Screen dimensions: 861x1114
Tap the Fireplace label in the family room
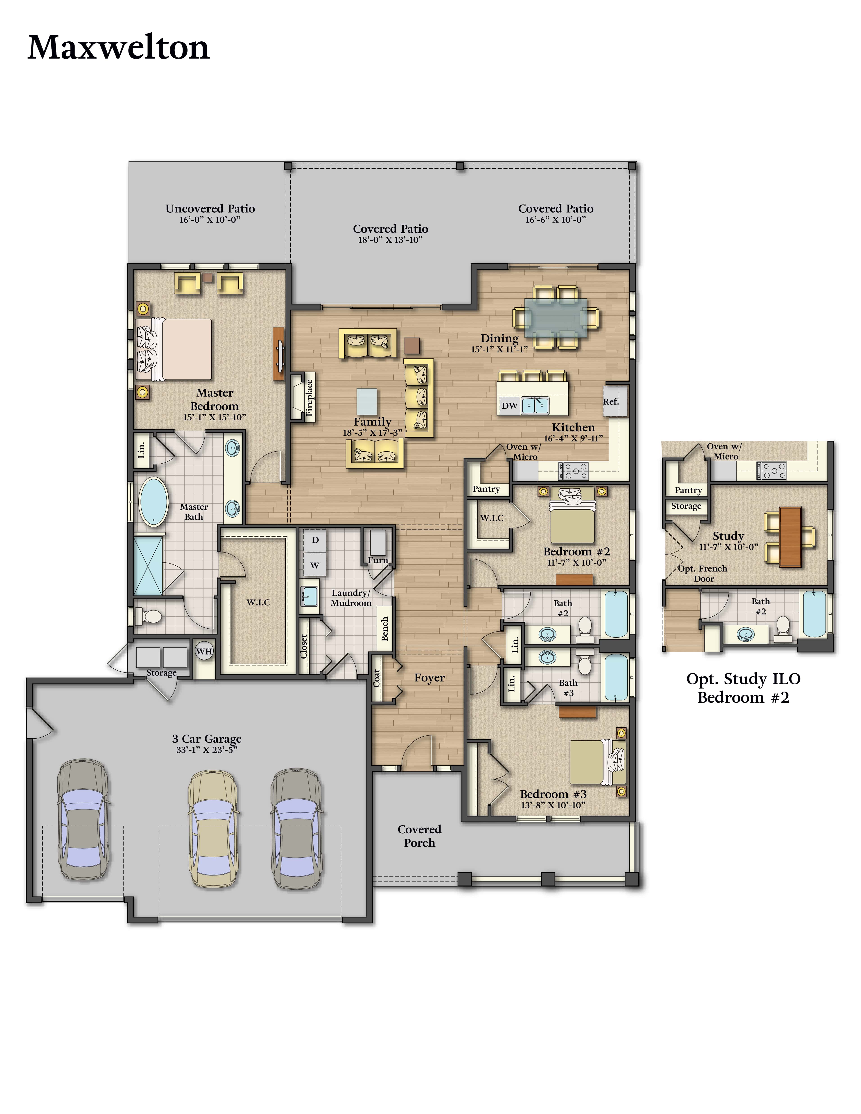coord(309,398)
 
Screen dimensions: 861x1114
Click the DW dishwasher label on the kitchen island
coord(510,406)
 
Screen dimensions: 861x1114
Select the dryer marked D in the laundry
coord(315,540)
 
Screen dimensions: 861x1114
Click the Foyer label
coord(429,678)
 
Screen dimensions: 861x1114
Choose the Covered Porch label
coord(419,836)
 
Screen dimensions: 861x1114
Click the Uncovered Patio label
coord(210,209)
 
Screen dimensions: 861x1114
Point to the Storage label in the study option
coord(686,506)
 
